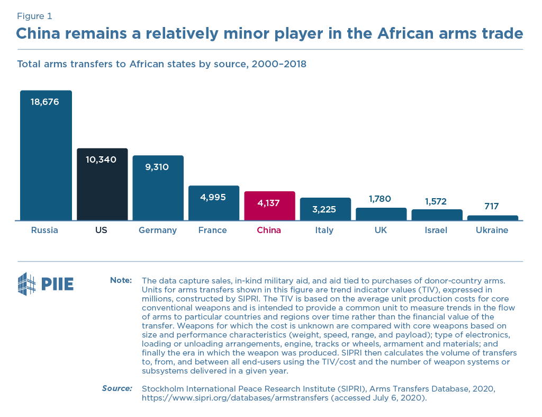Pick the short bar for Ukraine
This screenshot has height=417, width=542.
492,218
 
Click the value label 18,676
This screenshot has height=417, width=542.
45,102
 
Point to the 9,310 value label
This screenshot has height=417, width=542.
157,167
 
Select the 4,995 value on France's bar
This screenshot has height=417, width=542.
213,197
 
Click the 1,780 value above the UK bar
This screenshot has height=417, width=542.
380,199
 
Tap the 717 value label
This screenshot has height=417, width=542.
492,206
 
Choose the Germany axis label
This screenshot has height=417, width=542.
158,230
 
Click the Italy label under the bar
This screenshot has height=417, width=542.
324,230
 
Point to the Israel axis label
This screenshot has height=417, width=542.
436,230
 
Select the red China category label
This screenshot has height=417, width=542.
269,230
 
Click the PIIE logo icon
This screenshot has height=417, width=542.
26,284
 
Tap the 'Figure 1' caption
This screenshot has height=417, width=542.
34,16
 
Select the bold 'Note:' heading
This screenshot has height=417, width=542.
121,280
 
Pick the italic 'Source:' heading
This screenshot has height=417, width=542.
117,388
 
